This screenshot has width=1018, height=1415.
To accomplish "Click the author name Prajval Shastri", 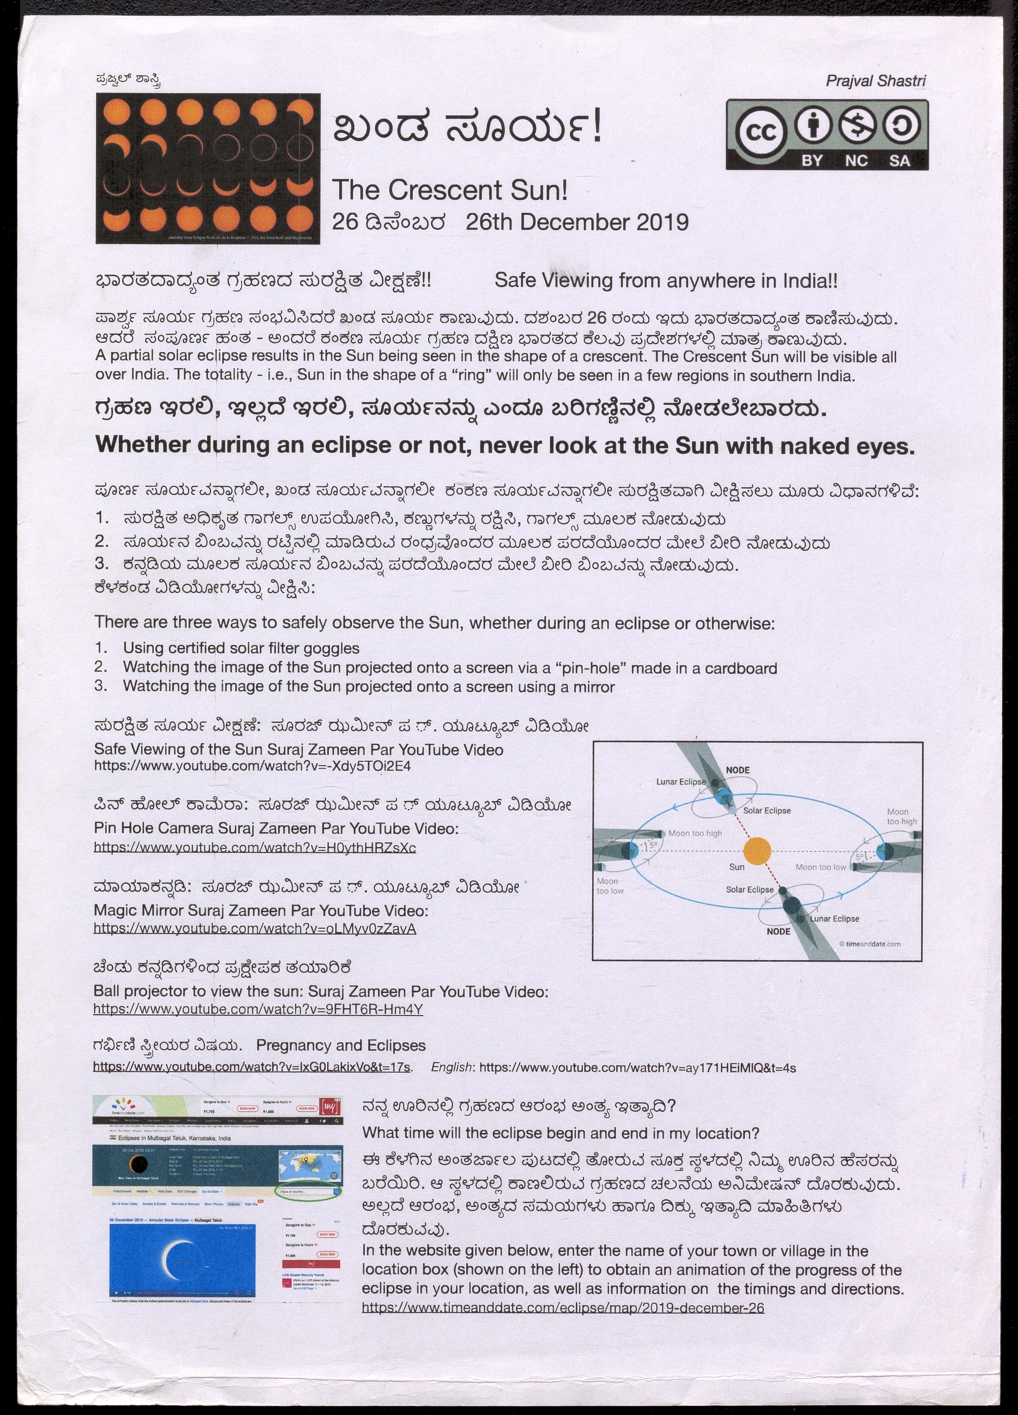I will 875,80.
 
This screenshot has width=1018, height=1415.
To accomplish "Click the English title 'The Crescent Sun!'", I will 449,190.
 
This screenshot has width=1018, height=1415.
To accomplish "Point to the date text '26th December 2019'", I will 577,222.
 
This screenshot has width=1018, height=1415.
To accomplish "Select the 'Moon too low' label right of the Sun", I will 820,867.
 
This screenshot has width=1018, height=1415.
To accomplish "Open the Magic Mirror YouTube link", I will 254,928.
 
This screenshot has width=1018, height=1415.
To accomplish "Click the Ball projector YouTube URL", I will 258,1009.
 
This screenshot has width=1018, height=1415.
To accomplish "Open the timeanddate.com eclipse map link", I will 563,1308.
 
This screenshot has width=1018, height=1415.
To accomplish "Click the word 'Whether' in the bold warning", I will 142,445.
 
